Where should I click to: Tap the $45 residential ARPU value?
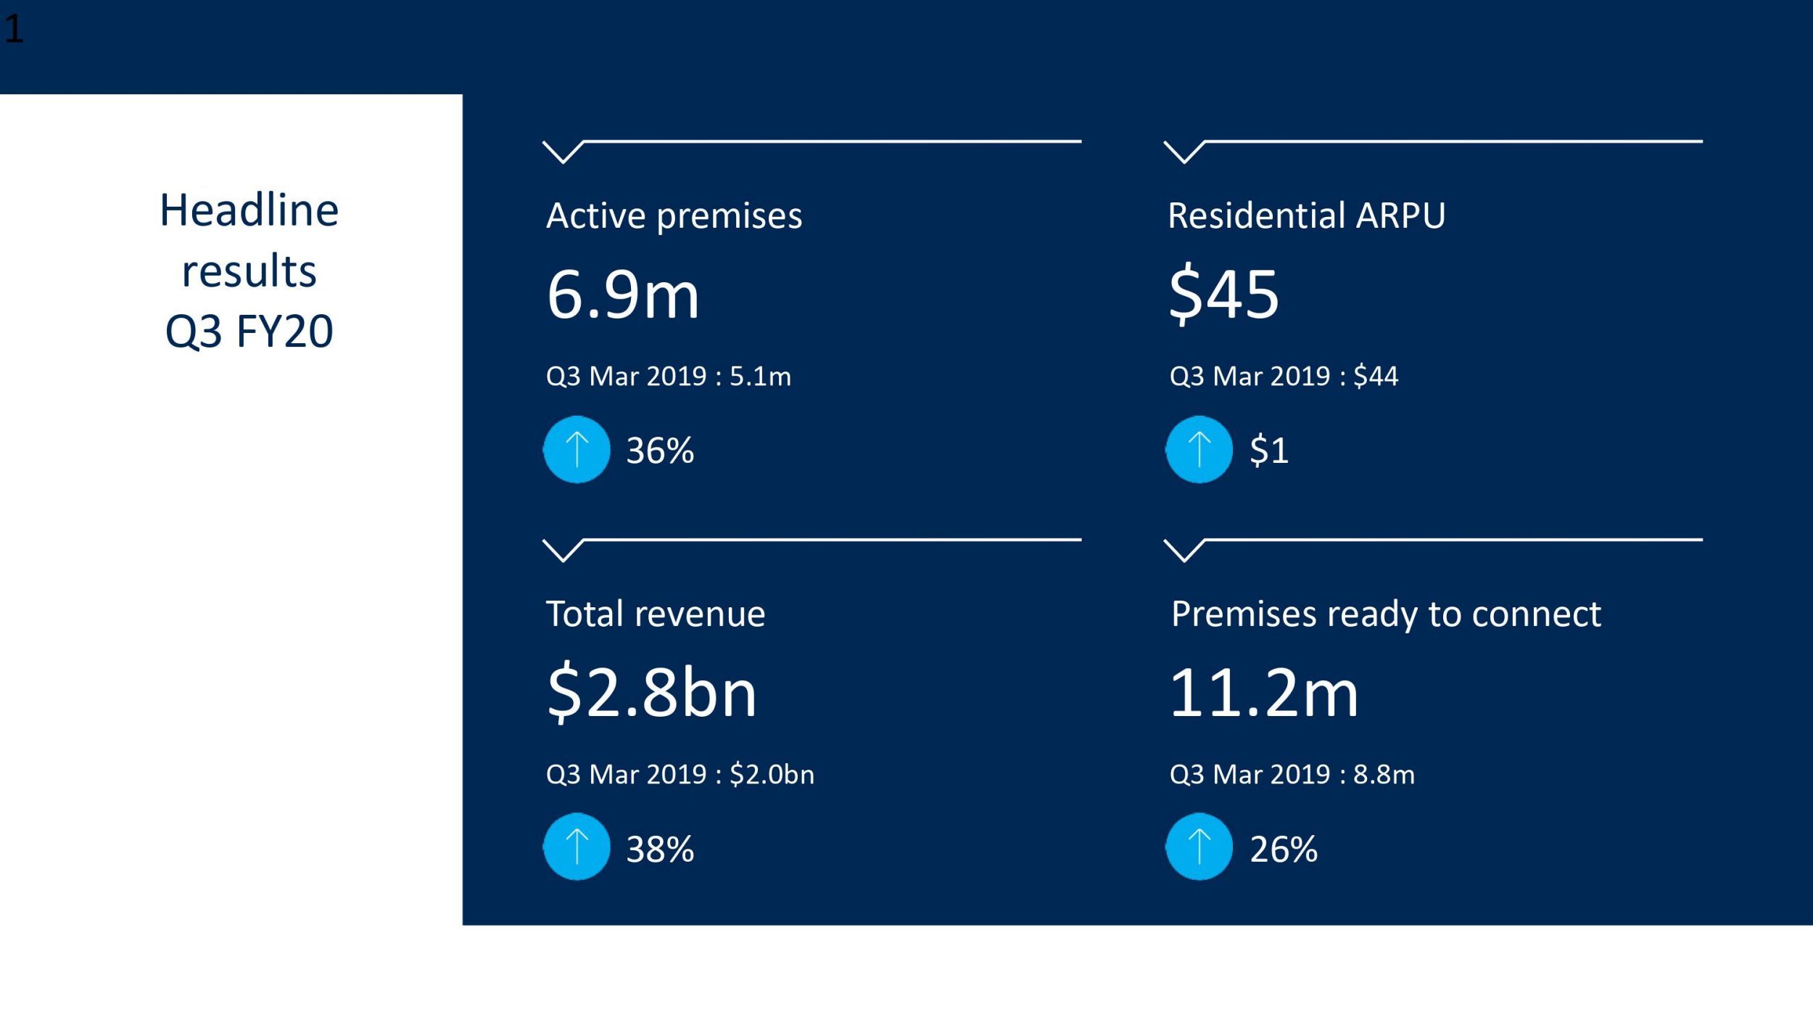(1223, 294)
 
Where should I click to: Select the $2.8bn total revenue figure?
(651, 693)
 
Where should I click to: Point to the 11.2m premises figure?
(1263, 693)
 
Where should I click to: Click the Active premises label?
(674, 215)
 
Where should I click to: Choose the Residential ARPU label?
(1306, 215)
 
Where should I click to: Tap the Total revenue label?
(655, 614)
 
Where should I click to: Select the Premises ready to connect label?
(1385, 614)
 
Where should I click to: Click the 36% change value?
(660, 451)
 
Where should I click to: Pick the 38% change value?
(660, 849)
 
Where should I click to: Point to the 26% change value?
(1283, 849)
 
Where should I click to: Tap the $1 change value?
(1268, 451)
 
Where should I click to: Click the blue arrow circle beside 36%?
(577, 450)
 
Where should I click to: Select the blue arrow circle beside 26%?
(1199, 847)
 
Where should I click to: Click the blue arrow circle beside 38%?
(577, 847)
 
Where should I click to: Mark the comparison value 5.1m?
(760, 377)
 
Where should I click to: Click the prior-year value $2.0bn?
(772, 775)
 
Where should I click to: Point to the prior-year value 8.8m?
(1384, 775)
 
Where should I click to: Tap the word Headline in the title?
(249, 210)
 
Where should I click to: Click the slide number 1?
(14, 30)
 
